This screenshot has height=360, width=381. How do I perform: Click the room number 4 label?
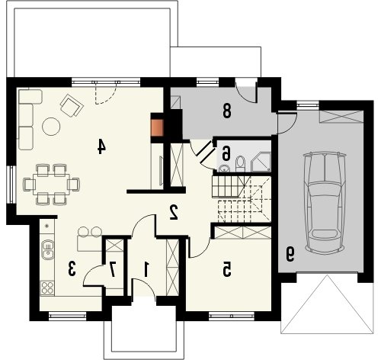(x=101, y=147)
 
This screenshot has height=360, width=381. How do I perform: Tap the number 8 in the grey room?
(x=227, y=111)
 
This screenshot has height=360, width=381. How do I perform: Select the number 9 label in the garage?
(x=290, y=255)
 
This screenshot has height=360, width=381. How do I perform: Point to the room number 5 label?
(x=227, y=270)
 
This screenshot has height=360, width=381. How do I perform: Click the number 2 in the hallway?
(x=174, y=212)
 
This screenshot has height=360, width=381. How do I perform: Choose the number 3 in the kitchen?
(x=72, y=269)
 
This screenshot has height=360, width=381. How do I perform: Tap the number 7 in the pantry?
(x=113, y=269)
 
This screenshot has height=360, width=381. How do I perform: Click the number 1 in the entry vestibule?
(x=146, y=269)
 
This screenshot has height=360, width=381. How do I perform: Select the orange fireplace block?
(x=157, y=127)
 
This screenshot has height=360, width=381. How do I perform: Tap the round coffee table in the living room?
(x=51, y=127)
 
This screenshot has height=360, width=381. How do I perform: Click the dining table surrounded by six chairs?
(x=51, y=185)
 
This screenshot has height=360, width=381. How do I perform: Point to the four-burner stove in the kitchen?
(x=47, y=288)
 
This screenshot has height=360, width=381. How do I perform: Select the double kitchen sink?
(x=47, y=249)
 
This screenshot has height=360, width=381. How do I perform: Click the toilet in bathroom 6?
(x=240, y=164)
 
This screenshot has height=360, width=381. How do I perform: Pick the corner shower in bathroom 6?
(x=261, y=162)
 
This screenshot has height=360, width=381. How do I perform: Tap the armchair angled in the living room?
(x=72, y=105)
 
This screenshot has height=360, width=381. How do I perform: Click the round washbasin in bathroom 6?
(x=224, y=168)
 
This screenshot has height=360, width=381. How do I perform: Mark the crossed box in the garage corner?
(x=341, y=116)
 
